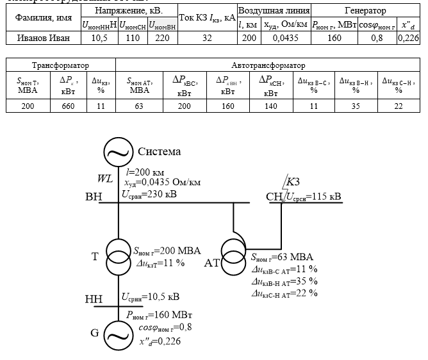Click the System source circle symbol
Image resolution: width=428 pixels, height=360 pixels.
click(x=118, y=152)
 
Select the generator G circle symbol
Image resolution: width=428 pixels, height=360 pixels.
click(x=118, y=333)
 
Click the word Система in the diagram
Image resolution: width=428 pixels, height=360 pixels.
click(x=160, y=152)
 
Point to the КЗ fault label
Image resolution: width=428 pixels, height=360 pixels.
click(x=293, y=181)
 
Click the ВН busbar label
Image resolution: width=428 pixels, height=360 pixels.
click(x=94, y=197)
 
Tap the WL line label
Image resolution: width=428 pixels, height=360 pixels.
click(x=104, y=178)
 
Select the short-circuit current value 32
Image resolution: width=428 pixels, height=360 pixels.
click(x=207, y=38)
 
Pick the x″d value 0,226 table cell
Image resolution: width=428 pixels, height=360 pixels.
click(x=408, y=38)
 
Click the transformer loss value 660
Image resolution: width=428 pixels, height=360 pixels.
click(x=69, y=106)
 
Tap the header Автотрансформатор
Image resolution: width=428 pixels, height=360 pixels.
click(x=268, y=65)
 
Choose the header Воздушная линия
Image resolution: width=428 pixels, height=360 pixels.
click(x=274, y=11)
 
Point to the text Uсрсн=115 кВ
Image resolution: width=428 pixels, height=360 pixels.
click(x=313, y=196)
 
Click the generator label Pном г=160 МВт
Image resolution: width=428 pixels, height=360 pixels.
click(x=160, y=316)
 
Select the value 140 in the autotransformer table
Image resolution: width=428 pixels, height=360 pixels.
click(x=270, y=106)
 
